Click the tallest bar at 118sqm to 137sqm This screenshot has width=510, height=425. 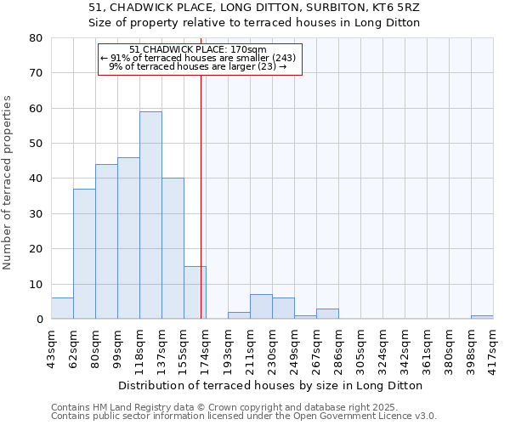(x=150, y=215)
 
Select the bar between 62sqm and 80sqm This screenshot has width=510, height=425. (x=84, y=254)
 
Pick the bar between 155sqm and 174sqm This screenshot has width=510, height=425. (x=195, y=293)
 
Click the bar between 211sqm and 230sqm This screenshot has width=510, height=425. (x=261, y=307)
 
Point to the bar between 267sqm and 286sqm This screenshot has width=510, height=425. (x=327, y=314)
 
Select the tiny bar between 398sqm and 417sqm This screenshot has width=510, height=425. (x=482, y=317)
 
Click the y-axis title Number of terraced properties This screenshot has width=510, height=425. (x=8, y=182)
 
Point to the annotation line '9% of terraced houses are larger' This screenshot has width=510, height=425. (x=198, y=66)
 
